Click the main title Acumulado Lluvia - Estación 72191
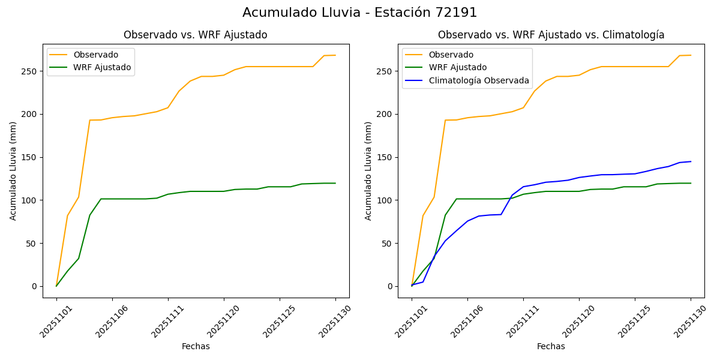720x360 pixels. pos(360,13)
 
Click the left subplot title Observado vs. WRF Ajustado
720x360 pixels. pos(196,35)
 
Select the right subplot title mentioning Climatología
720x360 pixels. pos(551,35)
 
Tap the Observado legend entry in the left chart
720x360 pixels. pos(96,55)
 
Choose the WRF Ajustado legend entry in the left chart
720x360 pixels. pos(102,67)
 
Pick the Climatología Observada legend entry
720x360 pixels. pos(481,80)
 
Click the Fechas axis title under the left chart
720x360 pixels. pos(196,346)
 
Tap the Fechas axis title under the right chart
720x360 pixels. pos(551,346)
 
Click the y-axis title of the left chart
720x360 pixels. pos(13,170)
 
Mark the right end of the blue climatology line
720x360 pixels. pos(691,161)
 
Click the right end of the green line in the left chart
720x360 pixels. pos(335,183)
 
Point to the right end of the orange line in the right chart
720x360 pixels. pos(691,55)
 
